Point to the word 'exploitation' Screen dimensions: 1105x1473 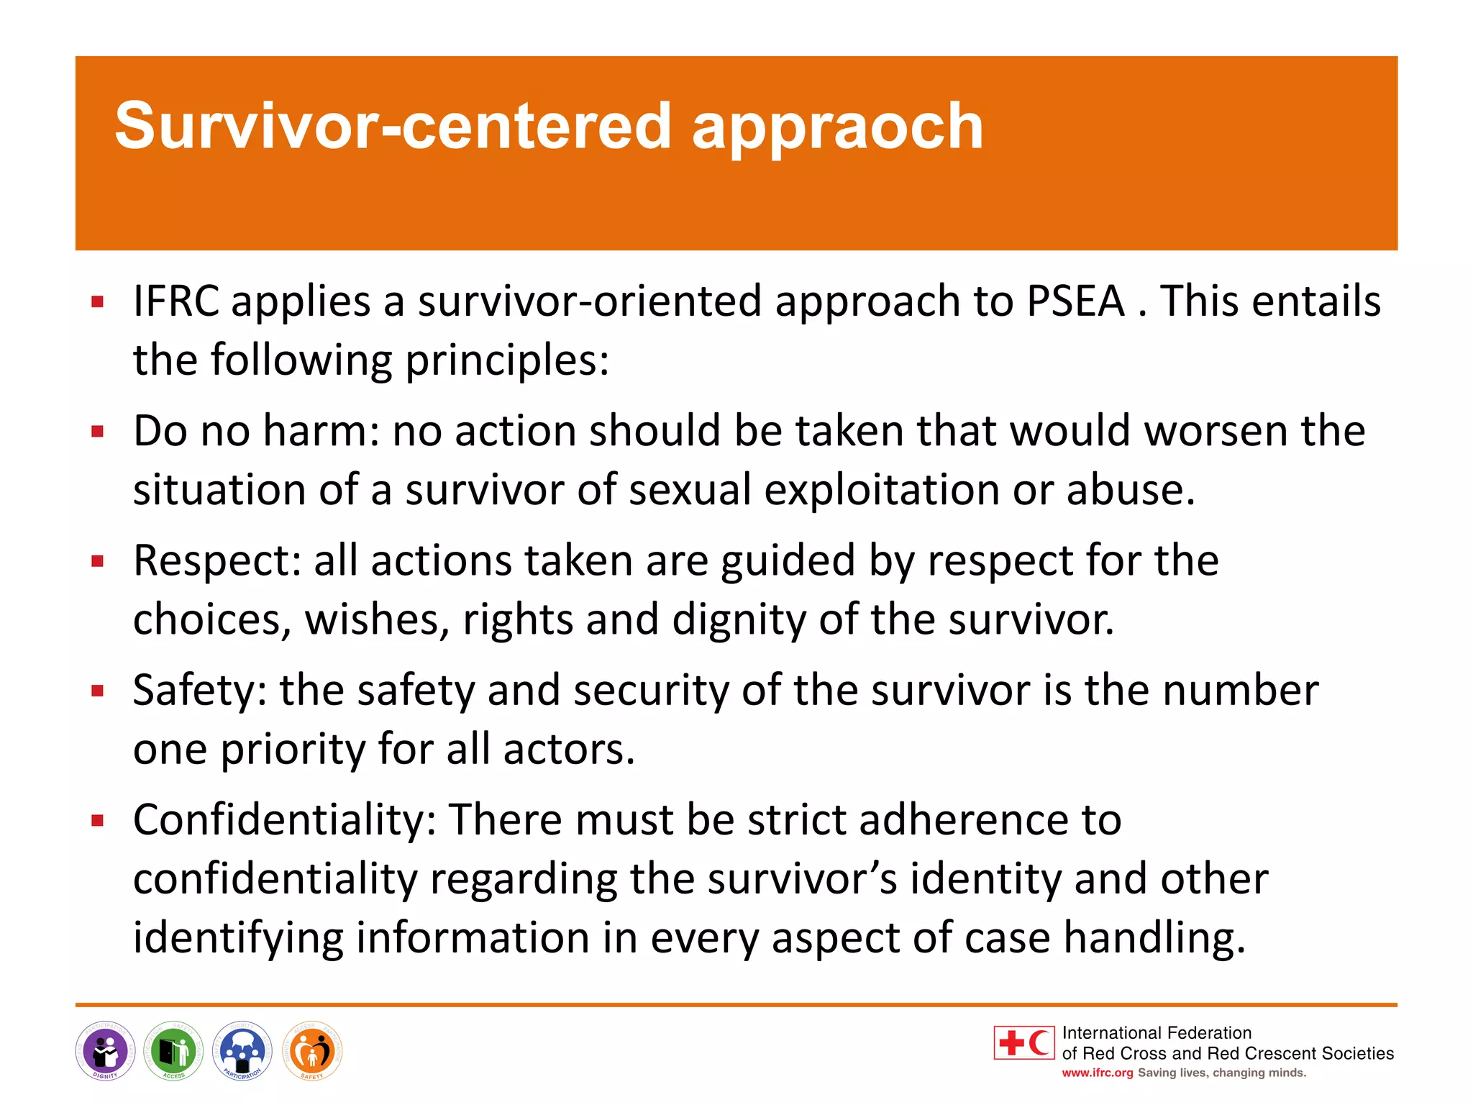881,491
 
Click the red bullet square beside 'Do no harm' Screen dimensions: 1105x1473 98,432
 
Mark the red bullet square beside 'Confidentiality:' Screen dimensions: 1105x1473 98,820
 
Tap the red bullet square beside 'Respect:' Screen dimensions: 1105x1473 98,561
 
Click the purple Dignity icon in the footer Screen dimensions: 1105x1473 105,1051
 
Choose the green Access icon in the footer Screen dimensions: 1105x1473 173,1051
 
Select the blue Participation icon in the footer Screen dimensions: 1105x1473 242,1051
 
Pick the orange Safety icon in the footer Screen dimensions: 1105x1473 312,1051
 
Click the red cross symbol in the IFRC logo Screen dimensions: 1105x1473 1011,1042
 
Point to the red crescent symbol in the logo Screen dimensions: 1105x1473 1039,1042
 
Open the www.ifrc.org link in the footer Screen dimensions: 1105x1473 1097,1073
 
